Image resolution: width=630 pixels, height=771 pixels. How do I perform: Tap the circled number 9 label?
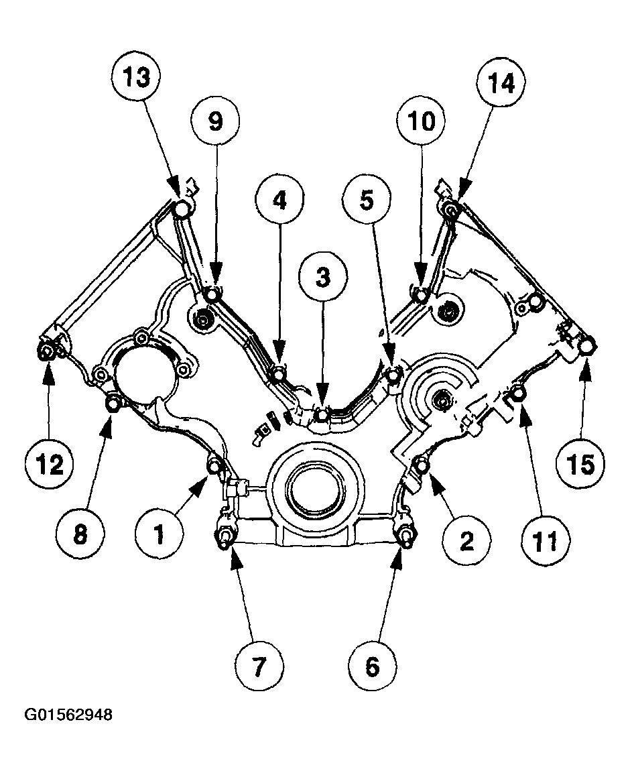click(x=214, y=121)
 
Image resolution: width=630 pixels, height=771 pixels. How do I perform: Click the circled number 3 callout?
click(x=323, y=278)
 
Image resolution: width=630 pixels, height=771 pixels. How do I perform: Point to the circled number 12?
click(x=51, y=464)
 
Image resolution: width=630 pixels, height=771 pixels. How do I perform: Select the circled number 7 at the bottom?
click(x=259, y=666)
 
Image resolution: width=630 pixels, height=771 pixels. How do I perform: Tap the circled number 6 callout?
click(x=373, y=666)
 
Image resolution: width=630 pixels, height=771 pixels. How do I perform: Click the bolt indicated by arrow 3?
click(x=322, y=416)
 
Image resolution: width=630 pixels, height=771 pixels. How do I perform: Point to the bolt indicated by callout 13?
click(x=181, y=210)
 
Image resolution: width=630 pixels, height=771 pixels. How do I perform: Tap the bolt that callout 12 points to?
click(x=47, y=353)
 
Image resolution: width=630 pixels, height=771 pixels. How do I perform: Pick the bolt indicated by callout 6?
click(x=405, y=536)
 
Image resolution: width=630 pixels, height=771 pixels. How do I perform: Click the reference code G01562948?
click(x=68, y=715)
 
